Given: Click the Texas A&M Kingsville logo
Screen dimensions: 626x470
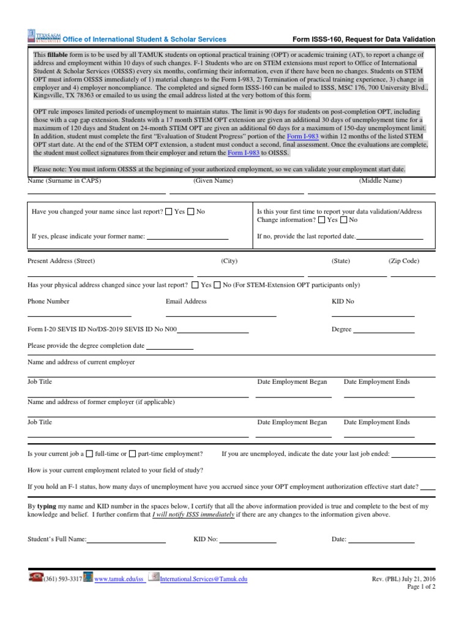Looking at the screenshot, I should [x=45, y=37].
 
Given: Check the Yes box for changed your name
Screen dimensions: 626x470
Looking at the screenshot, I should [x=169, y=212].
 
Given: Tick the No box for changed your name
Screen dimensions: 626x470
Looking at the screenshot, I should [x=190, y=212].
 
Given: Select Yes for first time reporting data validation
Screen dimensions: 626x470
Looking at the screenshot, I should [x=322, y=220].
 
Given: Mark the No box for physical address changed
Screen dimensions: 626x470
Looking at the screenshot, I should [x=217, y=285].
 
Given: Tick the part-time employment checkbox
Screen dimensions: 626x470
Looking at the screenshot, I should [x=133, y=454].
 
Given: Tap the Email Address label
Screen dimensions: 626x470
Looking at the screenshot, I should [x=186, y=301].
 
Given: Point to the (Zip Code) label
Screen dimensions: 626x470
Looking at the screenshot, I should [x=403, y=261].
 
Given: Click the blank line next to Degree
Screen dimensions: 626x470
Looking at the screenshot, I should [x=384, y=331].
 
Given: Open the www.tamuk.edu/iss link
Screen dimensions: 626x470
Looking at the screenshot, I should [x=120, y=579].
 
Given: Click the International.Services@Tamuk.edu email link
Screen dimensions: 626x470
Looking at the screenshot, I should [x=203, y=579].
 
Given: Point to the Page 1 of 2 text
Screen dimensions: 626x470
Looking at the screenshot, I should [x=422, y=587].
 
